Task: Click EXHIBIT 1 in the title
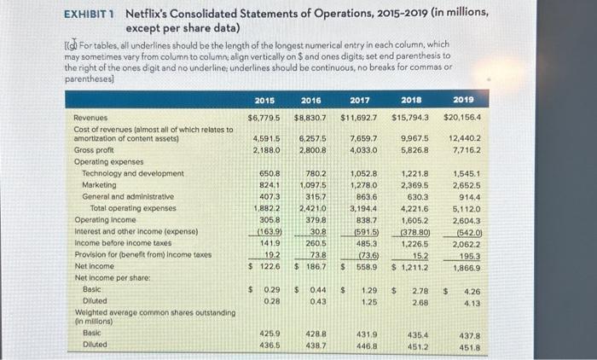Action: tap(89, 13)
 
